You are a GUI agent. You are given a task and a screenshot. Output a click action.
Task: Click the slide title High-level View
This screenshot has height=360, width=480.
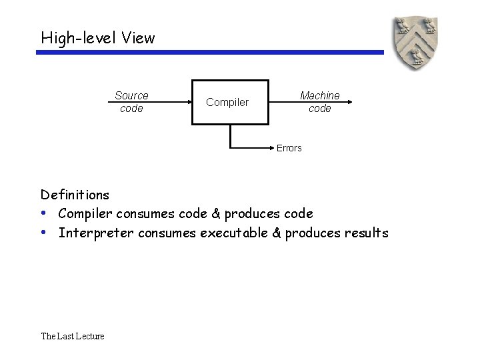97,38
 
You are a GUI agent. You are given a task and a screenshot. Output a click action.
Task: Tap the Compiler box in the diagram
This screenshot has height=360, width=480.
230,102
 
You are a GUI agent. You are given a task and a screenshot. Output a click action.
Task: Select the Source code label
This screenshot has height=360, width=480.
131,102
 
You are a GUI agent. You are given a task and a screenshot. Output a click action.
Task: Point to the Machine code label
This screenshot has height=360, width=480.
320,102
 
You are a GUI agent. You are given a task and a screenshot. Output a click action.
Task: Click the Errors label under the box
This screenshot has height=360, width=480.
289,148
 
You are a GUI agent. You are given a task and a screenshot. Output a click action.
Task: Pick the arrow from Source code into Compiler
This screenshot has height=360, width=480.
167,102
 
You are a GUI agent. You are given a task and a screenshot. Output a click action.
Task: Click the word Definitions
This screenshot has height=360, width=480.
75,195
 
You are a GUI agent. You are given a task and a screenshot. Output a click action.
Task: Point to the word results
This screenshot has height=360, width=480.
366,233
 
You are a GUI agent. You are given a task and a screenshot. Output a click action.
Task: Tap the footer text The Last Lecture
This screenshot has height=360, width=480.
73,336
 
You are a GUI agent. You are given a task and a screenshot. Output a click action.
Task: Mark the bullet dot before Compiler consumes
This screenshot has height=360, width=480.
43,213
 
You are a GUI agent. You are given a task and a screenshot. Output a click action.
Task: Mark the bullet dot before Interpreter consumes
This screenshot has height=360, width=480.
43,232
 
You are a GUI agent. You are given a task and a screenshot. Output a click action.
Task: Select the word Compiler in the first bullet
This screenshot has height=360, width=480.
85,214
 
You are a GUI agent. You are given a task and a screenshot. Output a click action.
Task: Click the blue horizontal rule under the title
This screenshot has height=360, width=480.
210,52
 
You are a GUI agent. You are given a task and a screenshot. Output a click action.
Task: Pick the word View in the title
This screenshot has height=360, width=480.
138,38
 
